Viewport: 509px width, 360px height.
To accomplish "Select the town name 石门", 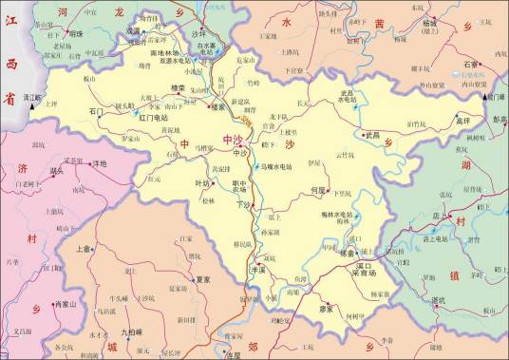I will coord(96,111).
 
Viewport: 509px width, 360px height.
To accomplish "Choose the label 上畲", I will coord(83,250).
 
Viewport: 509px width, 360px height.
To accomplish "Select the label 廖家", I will coord(327,308).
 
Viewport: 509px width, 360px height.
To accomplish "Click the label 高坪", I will coord(462,122).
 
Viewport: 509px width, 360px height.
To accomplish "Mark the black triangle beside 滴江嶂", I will coord(32,98).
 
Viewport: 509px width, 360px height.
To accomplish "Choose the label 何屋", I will coord(318,190).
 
